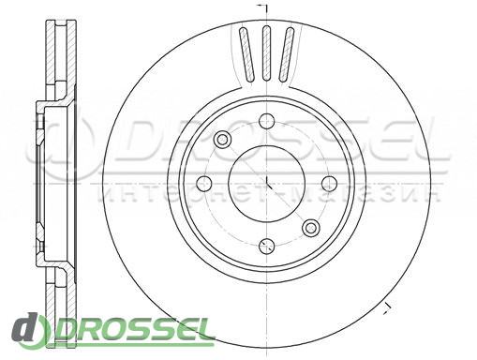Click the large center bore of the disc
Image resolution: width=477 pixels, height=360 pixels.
click(267, 184)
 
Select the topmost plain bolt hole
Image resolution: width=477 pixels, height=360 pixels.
click(267, 121)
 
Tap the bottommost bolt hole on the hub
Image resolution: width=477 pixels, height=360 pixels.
click(267, 247)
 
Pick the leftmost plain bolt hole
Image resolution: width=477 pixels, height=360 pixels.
click(204, 184)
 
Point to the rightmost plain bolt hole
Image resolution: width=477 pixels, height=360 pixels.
click(329, 184)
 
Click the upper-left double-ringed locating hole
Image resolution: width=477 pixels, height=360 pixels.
click(222, 139)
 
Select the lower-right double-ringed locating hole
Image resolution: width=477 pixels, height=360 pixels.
click(311, 228)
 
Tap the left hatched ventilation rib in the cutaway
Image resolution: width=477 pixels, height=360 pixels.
click(246, 53)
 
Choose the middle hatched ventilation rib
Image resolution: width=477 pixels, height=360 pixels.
click(266, 52)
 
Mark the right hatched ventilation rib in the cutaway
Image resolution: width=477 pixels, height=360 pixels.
click(287, 53)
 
